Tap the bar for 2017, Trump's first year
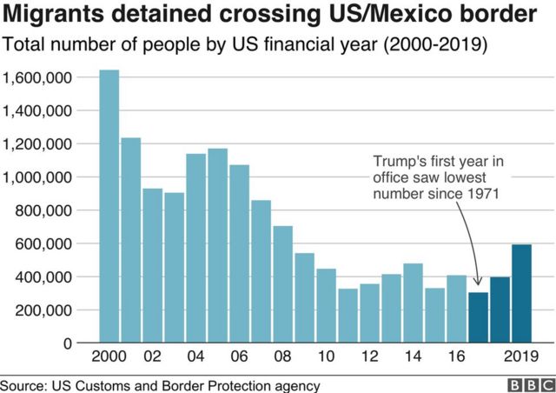(x=478, y=317)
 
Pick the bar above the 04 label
(x=195, y=248)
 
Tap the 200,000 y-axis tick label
(x=43, y=310)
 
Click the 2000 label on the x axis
(x=109, y=357)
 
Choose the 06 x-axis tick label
(x=239, y=357)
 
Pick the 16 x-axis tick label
(x=456, y=357)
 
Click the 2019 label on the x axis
(x=522, y=357)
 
